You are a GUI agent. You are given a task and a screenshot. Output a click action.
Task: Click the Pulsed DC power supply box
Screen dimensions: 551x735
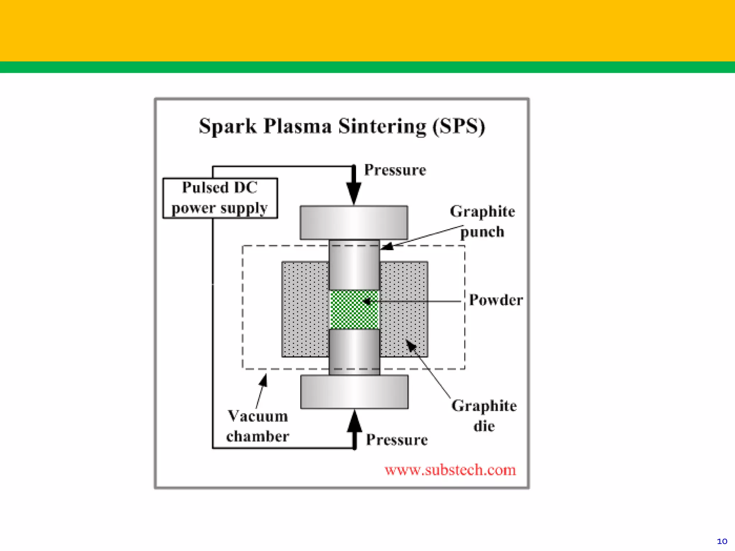(x=220, y=198)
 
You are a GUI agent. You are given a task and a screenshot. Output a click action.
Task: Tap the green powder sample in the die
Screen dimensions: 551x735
(x=354, y=310)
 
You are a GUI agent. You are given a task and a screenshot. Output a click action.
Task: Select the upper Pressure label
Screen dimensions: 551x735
(x=395, y=170)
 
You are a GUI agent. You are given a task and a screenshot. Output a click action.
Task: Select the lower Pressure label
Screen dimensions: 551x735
(x=397, y=440)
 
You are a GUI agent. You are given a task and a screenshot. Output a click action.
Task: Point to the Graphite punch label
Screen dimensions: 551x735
(x=482, y=221)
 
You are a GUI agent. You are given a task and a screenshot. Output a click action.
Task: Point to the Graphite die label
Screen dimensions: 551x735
(x=484, y=416)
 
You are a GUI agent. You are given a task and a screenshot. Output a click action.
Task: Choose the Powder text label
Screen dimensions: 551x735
(x=496, y=300)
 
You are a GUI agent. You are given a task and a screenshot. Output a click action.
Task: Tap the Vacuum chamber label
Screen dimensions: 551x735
(x=258, y=426)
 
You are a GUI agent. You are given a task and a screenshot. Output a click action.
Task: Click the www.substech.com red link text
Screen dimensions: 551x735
(x=450, y=470)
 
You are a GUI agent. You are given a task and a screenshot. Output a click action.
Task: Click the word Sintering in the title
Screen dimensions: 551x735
(x=382, y=126)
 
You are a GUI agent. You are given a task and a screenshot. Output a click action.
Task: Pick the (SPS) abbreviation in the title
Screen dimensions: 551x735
(x=459, y=126)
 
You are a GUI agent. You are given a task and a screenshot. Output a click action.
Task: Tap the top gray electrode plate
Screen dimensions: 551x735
(x=354, y=222)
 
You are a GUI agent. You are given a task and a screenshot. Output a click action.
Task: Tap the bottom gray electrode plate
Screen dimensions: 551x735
(x=354, y=392)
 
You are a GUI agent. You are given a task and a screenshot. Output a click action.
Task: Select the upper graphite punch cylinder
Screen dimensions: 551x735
(x=354, y=265)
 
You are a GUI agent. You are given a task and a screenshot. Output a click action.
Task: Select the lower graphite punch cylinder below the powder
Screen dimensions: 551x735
(x=354, y=352)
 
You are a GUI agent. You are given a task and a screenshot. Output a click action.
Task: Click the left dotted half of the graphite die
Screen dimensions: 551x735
(x=305, y=309)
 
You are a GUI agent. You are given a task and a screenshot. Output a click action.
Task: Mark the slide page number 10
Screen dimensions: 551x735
(x=722, y=541)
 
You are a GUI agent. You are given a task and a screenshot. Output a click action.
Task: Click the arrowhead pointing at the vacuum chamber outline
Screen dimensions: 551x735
(x=264, y=380)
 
